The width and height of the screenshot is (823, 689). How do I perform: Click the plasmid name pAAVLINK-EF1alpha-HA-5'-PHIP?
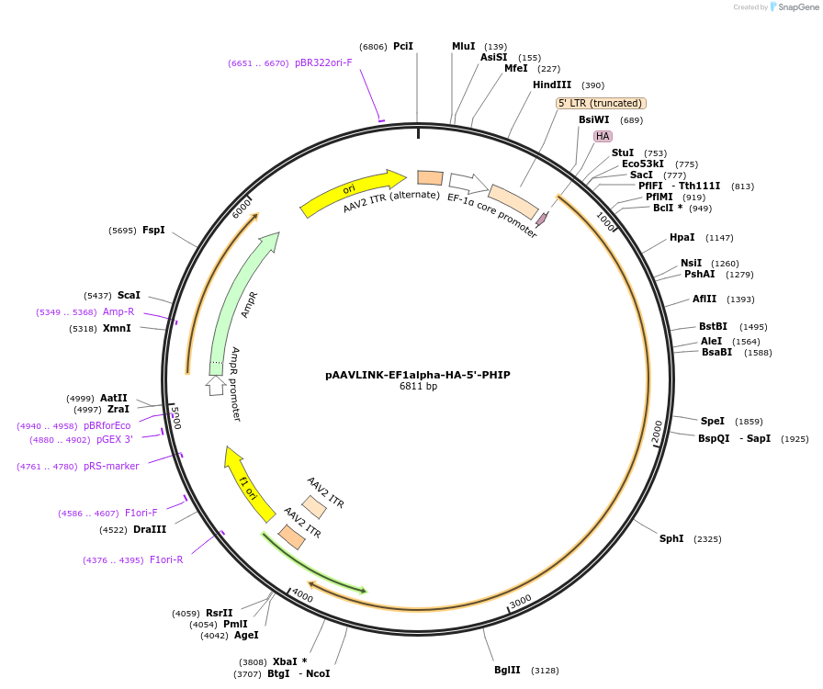click(417, 375)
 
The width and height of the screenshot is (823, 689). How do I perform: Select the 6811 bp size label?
click(418, 387)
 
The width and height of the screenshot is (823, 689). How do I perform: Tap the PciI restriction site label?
click(403, 46)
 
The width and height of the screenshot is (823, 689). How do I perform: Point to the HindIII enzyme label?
click(552, 85)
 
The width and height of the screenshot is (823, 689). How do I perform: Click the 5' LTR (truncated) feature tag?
click(601, 104)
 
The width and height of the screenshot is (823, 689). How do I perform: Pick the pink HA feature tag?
click(603, 136)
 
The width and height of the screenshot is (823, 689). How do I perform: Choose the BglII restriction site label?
click(507, 670)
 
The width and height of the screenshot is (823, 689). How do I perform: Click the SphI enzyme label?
click(671, 538)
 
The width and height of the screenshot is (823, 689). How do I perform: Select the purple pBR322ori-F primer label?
click(323, 63)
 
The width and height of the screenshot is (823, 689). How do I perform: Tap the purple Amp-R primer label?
click(118, 312)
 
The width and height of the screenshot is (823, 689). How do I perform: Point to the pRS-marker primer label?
click(111, 467)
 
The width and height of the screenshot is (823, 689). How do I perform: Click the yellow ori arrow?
click(352, 193)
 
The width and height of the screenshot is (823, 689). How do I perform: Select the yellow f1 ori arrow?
click(248, 484)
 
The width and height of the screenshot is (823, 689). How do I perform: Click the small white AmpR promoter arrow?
click(215, 386)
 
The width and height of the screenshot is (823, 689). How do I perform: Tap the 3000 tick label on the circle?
click(521, 601)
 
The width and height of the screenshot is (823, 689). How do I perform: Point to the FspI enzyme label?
click(153, 230)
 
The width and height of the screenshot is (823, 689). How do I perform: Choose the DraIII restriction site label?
click(150, 530)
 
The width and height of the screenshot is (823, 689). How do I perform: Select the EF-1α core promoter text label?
click(492, 216)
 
